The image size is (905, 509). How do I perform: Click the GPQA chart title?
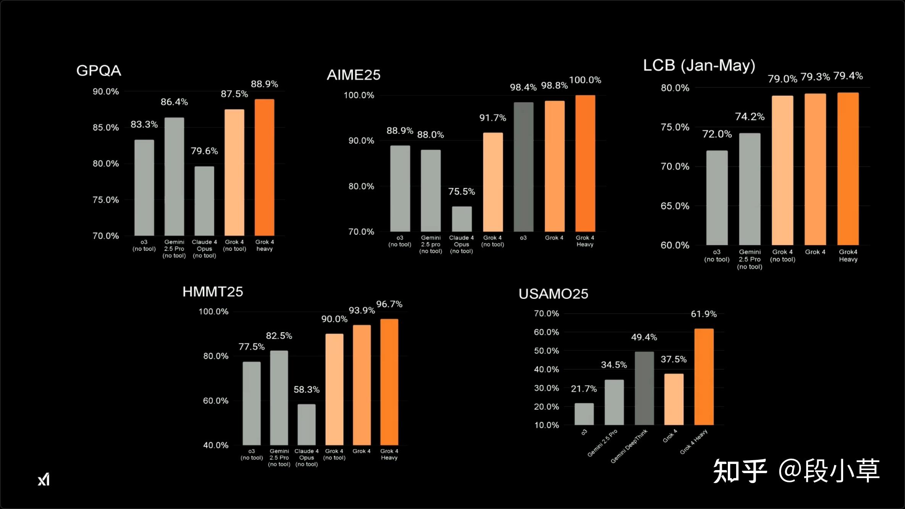99,71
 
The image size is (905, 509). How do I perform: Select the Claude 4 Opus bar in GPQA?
204,201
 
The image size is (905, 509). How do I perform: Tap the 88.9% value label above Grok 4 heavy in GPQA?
264,84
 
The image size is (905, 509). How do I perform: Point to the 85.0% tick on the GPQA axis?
106,127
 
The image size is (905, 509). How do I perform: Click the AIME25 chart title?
354,75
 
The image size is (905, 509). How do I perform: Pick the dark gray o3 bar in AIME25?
524,167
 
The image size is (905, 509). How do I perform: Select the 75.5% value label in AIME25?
461,192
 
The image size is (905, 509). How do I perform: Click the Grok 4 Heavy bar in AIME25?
585,163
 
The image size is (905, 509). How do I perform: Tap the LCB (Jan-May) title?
699,65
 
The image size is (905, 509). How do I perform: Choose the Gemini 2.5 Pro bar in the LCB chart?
750,189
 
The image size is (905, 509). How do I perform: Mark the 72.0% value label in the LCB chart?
717,134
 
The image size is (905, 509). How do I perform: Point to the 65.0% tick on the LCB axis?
675,206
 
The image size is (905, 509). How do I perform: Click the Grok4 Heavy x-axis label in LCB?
848,256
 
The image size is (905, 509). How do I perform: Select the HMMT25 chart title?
213,292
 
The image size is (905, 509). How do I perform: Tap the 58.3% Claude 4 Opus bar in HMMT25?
307,424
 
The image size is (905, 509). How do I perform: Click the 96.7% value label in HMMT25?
389,304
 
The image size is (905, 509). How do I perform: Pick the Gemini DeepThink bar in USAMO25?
644,388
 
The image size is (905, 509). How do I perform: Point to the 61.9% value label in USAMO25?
704,314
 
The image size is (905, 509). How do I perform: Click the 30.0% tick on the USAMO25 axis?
546,388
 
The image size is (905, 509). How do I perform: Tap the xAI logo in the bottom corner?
44,479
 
